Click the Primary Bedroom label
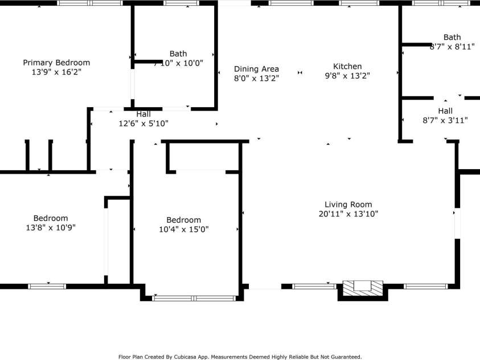56,63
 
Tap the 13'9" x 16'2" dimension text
56,72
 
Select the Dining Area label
256,69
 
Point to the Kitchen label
347,66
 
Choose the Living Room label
348,204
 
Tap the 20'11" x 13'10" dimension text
348,214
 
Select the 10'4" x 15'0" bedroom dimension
183,230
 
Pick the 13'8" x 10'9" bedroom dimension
51,227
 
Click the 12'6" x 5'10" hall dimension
143,123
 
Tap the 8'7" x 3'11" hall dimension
445,120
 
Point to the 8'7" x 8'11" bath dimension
452,47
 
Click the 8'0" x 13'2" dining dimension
256,79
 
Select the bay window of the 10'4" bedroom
194,298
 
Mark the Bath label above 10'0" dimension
178,54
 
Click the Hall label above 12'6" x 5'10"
143,114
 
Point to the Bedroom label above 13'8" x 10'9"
51,218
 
